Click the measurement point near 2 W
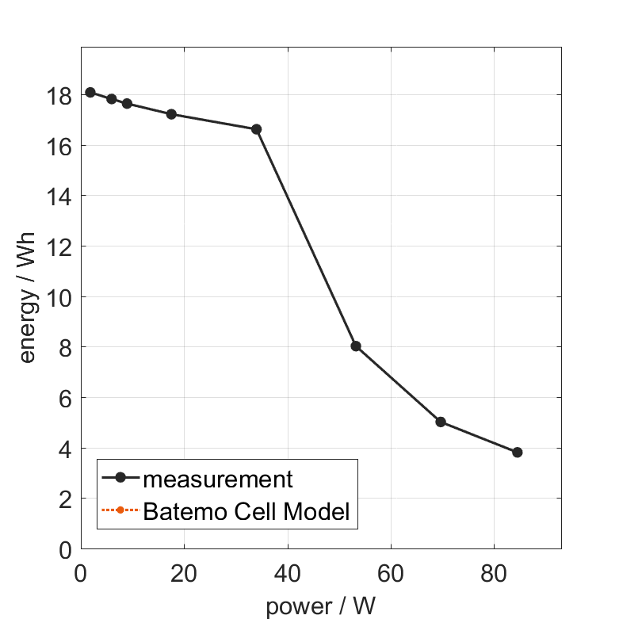[90, 92]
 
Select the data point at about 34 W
[256, 129]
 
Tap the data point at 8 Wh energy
[356, 346]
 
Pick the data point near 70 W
[441, 422]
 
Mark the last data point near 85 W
[518, 452]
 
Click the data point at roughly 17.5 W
[171, 114]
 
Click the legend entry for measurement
[218, 479]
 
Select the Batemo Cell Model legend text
[246, 511]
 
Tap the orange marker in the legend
[120, 510]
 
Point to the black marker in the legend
[120, 478]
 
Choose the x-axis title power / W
[320, 606]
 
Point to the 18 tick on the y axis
[60, 95]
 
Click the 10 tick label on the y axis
[60, 297]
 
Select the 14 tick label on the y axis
[60, 197]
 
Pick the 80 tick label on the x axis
[494, 572]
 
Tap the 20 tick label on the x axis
[184, 572]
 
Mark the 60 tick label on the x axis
[391, 572]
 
